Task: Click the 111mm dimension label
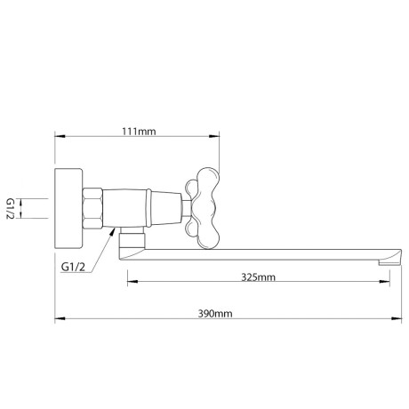click(x=139, y=132)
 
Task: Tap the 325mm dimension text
click(x=258, y=277)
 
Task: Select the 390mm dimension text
click(x=215, y=314)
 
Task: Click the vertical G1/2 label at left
click(x=11, y=209)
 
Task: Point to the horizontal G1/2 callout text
click(x=73, y=267)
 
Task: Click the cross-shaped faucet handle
click(x=203, y=208)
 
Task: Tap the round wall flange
click(x=68, y=209)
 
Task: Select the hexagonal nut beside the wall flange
click(x=92, y=209)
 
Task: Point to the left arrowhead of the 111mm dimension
click(x=60, y=136)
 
